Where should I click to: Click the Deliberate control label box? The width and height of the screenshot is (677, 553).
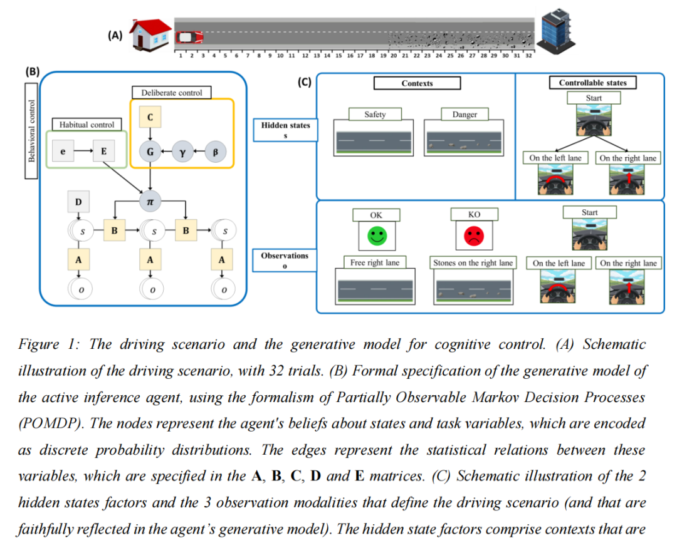(171, 93)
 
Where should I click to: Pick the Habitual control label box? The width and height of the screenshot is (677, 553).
(87, 125)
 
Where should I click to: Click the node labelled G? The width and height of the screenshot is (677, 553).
(150, 152)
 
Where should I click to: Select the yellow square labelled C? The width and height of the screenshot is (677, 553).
(150, 117)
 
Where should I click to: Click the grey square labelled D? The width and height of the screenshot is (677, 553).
(78, 202)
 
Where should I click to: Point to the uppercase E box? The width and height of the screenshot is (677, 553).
(104, 152)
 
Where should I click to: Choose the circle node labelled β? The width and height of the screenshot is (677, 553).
(216, 152)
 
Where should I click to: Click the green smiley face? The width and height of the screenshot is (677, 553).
(376, 236)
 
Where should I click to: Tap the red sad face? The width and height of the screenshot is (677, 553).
(474, 236)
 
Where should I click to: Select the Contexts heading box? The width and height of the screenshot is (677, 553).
(417, 83)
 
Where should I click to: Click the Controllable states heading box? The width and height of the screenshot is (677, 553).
(592, 83)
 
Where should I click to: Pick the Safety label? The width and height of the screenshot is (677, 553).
(375, 115)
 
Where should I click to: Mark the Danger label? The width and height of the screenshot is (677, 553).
(464, 115)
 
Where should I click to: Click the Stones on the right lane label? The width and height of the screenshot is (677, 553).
(473, 263)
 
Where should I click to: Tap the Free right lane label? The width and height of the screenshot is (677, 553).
(375, 262)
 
